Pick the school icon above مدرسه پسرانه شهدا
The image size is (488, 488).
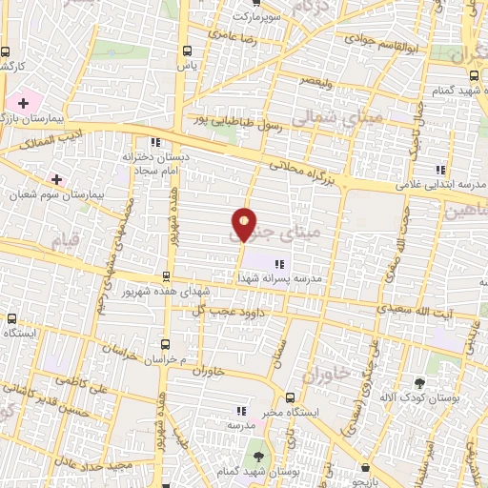[278, 264]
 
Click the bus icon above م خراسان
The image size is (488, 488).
[166, 343]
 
